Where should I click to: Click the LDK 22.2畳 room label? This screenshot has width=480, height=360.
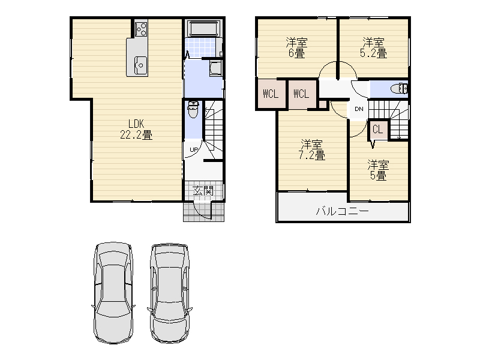point(136,129)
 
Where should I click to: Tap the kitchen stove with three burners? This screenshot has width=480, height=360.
point(141,28)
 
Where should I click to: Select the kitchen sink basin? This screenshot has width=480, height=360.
point(140,65)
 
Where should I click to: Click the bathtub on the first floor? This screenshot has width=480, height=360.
point(203,29)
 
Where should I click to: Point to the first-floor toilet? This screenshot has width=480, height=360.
point(193,110)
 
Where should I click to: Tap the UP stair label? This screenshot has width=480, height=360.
point(193,149)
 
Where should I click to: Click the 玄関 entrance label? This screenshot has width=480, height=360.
point(203,191)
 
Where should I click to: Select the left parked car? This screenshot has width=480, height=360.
point(113,293)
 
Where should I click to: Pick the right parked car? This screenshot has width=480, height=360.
point(170,293)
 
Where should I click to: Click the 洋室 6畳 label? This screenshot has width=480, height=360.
point(296,48)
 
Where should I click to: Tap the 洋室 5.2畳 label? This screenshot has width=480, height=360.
point(373,48)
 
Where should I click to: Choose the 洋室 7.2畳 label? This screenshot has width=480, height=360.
point(311,149)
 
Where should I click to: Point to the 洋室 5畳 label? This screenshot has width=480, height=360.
point(378,170)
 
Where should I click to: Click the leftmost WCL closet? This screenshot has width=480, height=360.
point(271,94)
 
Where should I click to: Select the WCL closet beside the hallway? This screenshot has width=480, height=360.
point(302,94)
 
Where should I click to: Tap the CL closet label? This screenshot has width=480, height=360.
point(378,130)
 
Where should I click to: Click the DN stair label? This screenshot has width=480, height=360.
point(359,109)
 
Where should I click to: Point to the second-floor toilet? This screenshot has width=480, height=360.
point(399,89)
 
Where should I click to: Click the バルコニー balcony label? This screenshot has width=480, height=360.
point(342,211)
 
